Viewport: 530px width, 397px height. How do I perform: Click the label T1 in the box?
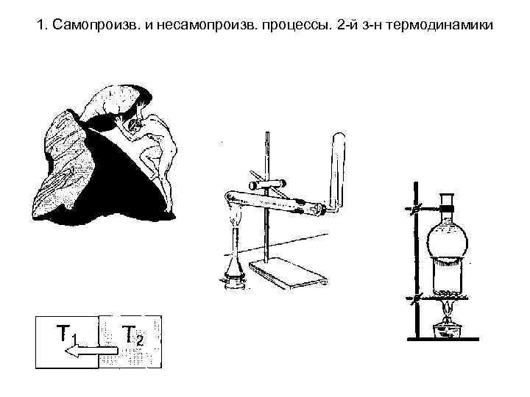(67, 337)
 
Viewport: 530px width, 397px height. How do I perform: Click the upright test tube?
(339, 165)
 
